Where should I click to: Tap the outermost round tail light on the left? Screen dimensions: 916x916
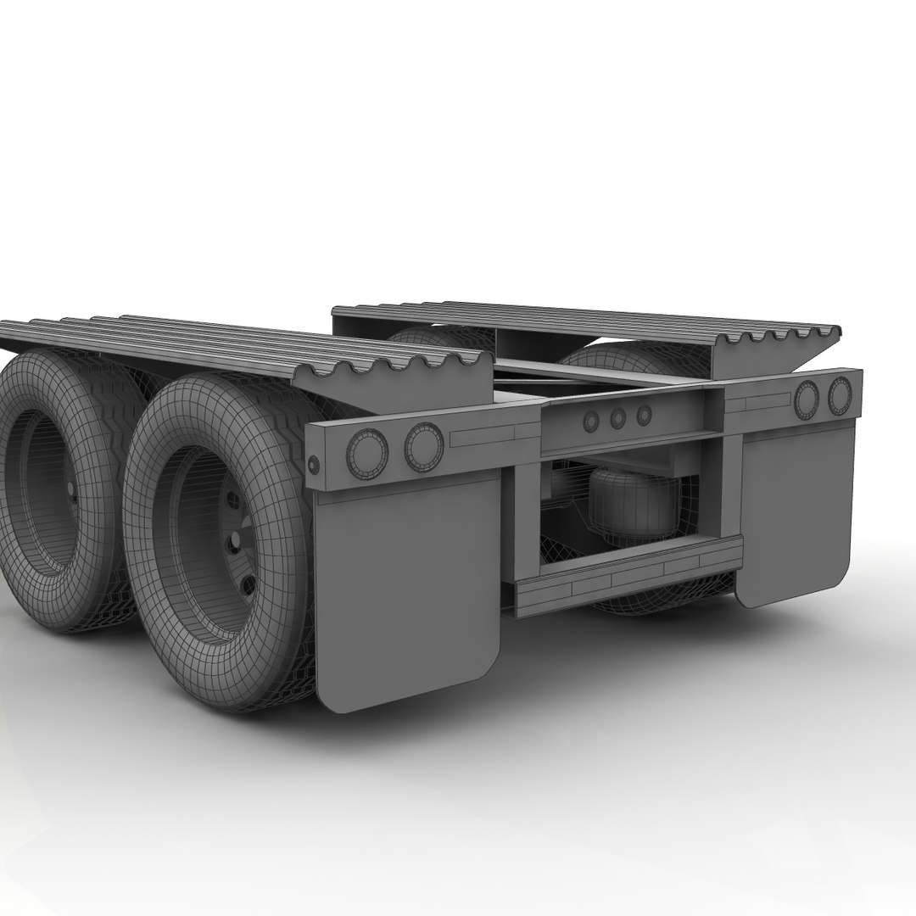click(x=367, y=452)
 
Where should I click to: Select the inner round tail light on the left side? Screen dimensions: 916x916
click(x=423, y=446)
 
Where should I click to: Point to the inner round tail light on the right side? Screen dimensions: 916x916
click(x=806, y=399)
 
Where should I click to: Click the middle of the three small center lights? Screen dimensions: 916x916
click(x=617, y=417)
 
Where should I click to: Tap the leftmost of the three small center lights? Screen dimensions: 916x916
click(x=589, y=420)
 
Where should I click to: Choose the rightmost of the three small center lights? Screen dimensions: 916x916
click(x=644, y=415)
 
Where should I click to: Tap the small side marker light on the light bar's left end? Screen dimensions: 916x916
click(x=314, y=464)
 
